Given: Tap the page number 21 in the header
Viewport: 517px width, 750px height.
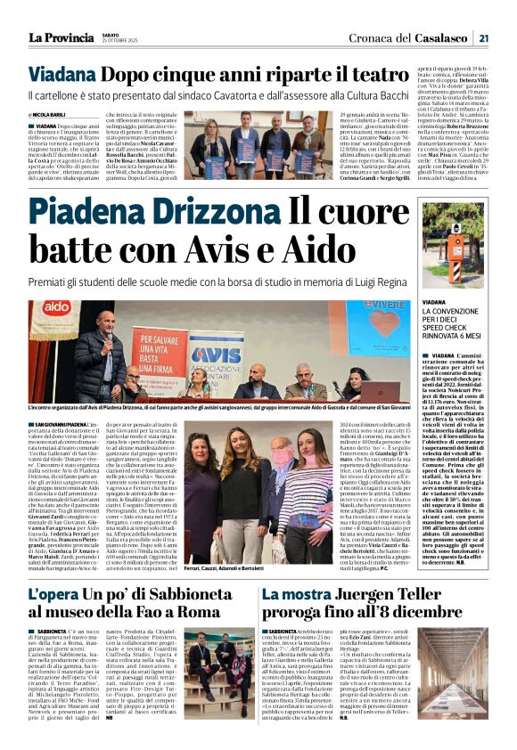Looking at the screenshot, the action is click(x=483, y=37).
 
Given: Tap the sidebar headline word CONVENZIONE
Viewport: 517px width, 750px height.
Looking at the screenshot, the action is click(x=458, y=312).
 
